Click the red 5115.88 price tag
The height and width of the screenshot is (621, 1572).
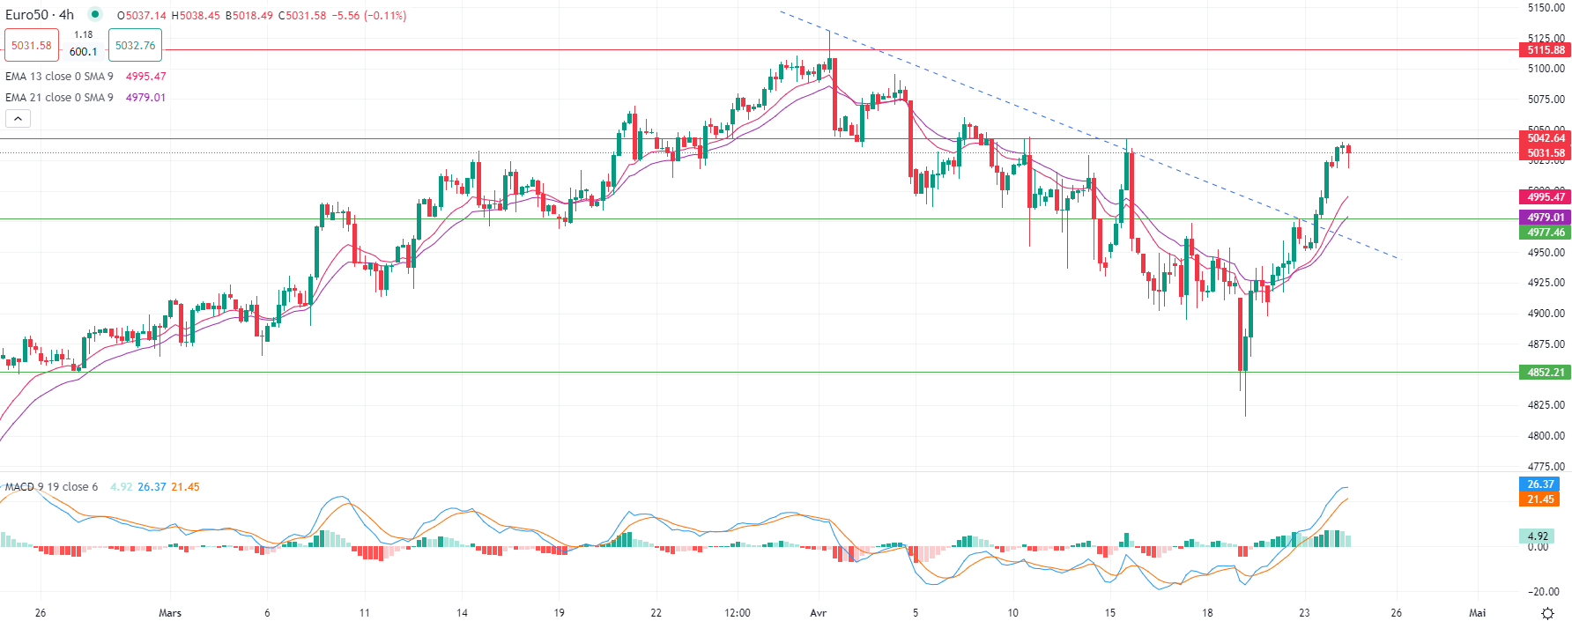click(1546, 50)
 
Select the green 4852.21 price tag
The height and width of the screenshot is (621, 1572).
click(1546, 373)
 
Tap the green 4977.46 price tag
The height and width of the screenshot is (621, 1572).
click(1546, 233)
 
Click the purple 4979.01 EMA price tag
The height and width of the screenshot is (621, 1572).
click(1546, 218)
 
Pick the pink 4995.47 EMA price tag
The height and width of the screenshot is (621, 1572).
click(1546, 197)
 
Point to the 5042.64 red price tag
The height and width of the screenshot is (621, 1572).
click(1546, 138)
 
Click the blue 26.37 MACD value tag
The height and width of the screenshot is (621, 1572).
click(1540, 484)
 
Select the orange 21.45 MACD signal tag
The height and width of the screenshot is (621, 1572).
click(1540, 499)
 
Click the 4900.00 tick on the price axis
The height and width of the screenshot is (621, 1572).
click(1546, 314)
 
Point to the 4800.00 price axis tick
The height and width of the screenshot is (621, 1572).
click(1546, 436)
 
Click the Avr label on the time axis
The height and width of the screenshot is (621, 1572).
click(818, 613)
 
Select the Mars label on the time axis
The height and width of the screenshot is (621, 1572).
click(170, 613)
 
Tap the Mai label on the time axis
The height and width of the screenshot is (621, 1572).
click(1478, 613)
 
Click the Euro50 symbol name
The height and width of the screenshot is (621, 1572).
click(27, 15)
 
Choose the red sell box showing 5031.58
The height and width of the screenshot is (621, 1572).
click(32, 46)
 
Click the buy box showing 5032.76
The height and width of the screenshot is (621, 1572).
click(135, 46)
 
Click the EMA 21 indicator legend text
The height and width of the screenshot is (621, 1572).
click(59, 98)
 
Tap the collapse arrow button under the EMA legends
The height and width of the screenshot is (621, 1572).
click(18, 118)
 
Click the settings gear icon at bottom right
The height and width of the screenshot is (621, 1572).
click(1547, 613)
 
